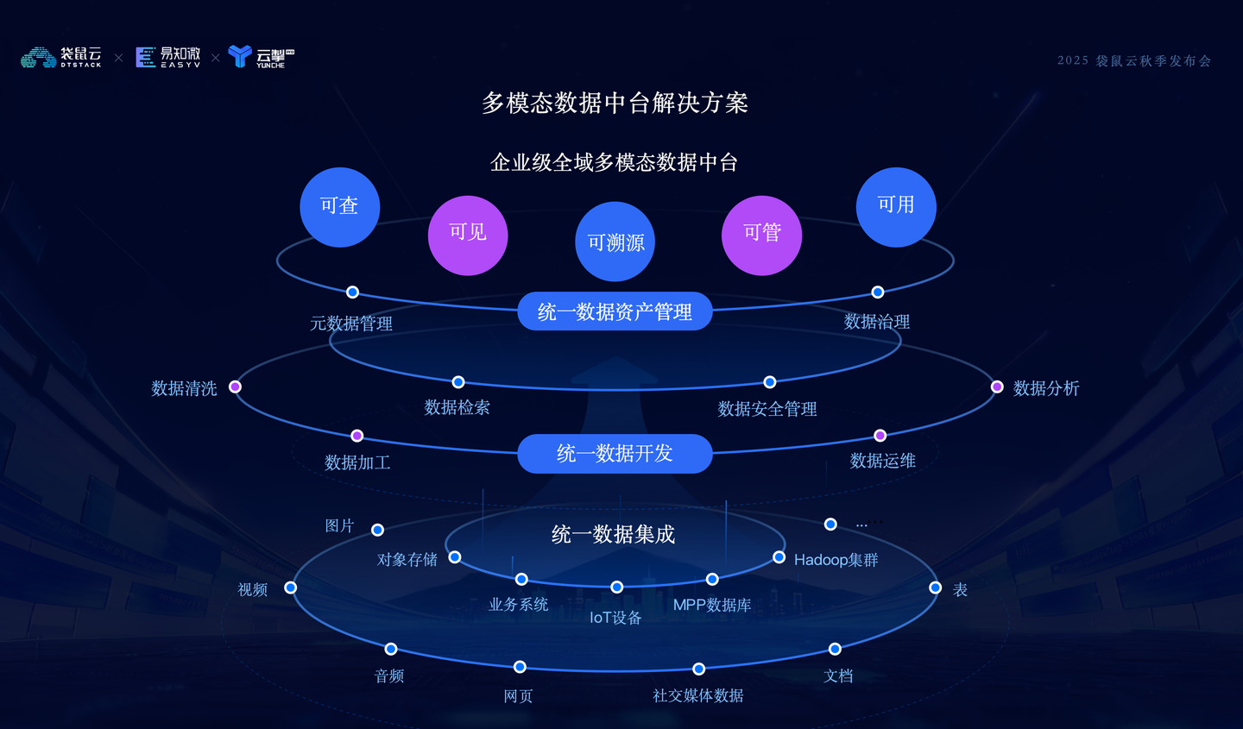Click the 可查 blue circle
[x=339, y=207]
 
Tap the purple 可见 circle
[x=468, y=236]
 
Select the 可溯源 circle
[x=615, y=242]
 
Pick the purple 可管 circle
[x=762, y=236]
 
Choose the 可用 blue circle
[x=896, y=207]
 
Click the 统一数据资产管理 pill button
[x=615, y=311]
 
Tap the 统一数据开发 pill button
[x=615, y=454]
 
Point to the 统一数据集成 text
[x=613, y=534]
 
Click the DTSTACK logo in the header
[x=61, y=57]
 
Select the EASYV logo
[x=168, y=57]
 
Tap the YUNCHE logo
[x=262, y=57]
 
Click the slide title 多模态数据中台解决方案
[x=615, y=104]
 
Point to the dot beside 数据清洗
[x=236, y=386]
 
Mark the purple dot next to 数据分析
[x=997, y=386]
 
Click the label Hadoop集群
[x=836, y=560]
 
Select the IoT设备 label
[x=615, y=618]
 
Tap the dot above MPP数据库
[x=712, y=579]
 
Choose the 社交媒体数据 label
[x=698, y=695]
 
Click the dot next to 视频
[x=290, y=588]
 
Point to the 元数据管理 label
[x=351, y=324]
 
